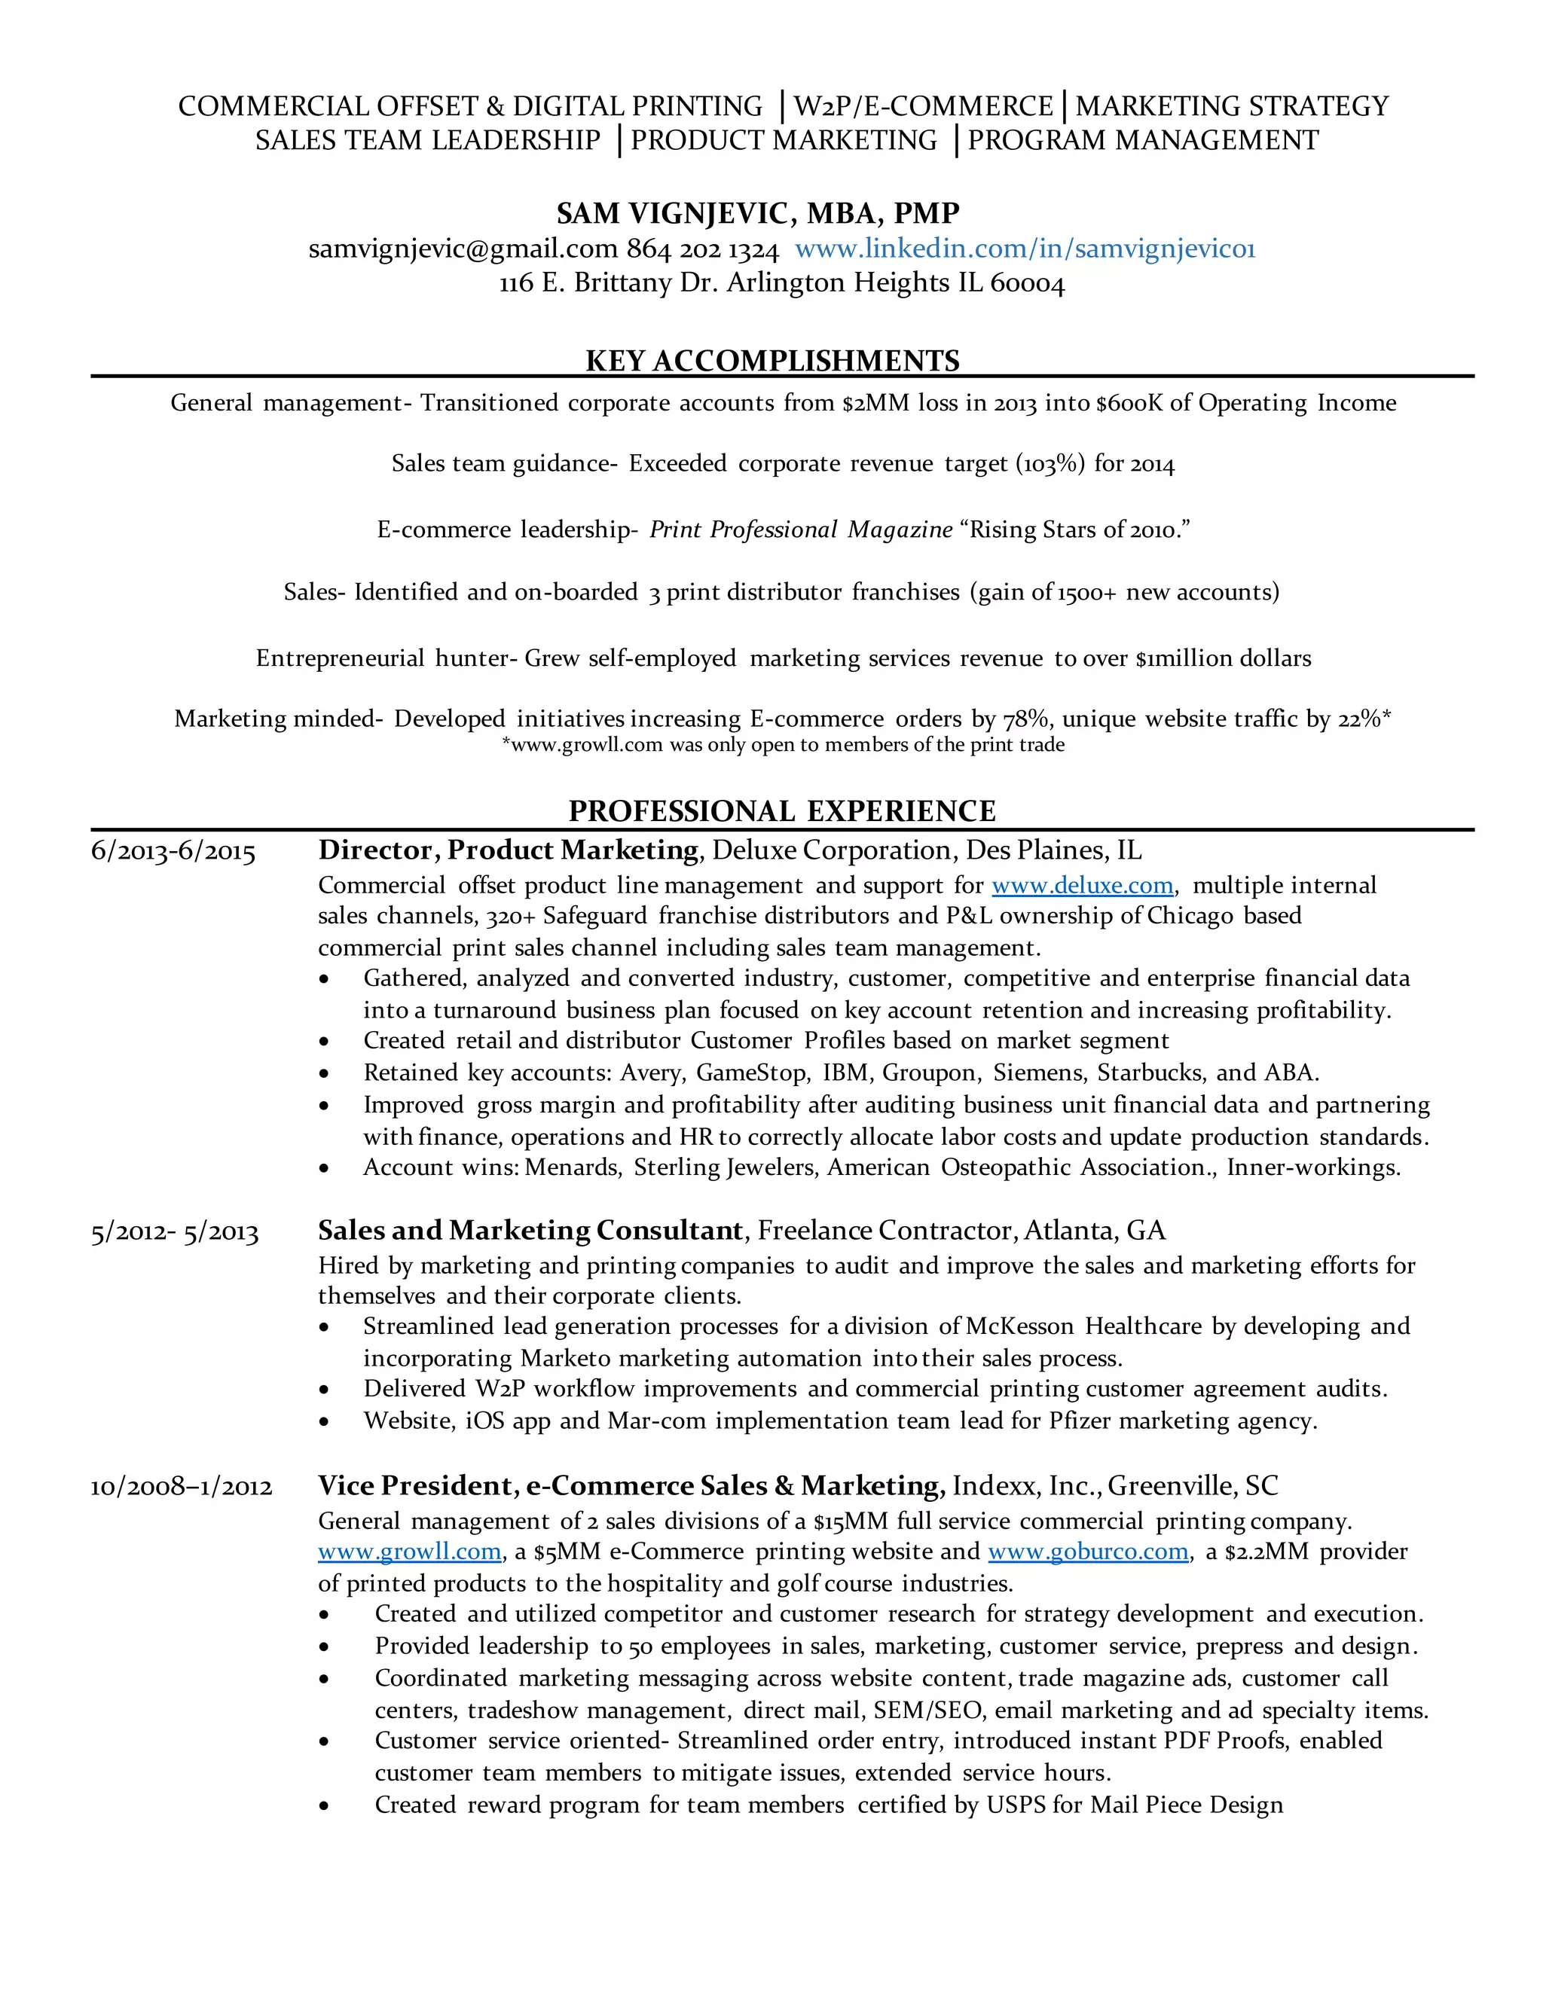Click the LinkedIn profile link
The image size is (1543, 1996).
(1025, 249)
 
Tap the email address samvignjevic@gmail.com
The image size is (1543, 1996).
(463, 249)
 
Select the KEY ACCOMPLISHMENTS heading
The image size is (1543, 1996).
(772, 360)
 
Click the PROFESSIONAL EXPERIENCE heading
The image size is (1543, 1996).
(781, 810)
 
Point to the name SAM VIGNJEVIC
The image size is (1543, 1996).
(673, 213)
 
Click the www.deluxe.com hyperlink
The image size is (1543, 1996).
(1083, 885)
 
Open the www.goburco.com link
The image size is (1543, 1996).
(1088, 1551)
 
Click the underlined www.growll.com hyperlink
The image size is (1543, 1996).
(410, 1551)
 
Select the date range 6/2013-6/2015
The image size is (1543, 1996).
(173, 852)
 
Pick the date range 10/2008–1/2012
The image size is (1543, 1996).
(181, 1487)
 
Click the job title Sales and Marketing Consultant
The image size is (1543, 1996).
(530, 1230)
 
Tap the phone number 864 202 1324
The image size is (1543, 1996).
(702, 249)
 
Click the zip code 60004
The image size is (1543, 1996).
(1028, 283)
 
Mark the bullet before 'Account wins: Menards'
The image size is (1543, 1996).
(325, 1169)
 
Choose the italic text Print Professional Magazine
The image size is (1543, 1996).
(801, 530)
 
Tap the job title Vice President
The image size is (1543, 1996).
(416, 1486)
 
